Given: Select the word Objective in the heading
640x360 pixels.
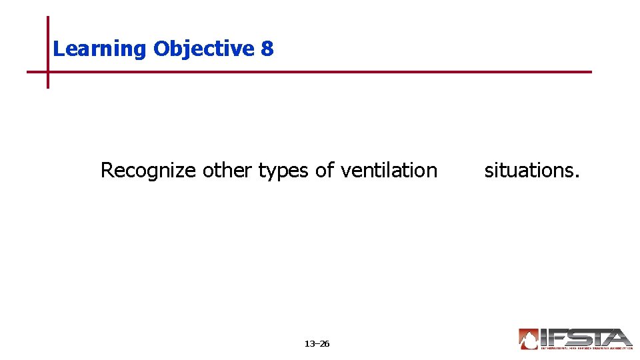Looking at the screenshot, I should pos(203,49).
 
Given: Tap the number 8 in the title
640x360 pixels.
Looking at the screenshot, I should pos(267,49).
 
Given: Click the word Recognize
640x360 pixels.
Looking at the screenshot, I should pos(148,171).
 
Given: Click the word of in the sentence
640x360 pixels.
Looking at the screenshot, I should pos(325,171).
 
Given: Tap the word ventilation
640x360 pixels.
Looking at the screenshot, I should pos(389,171).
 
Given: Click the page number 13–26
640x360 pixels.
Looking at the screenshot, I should pos(317,344).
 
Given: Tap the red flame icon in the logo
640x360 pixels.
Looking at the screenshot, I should pos(529,339).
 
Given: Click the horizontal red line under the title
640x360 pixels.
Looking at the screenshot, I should pos(333,71).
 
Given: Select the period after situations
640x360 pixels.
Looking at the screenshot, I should pos(577,177).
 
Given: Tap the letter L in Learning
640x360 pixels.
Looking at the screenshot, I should pos(57,49).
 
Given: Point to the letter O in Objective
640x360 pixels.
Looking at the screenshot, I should pos(161,49).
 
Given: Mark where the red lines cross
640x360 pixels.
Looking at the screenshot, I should pos(48,71).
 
